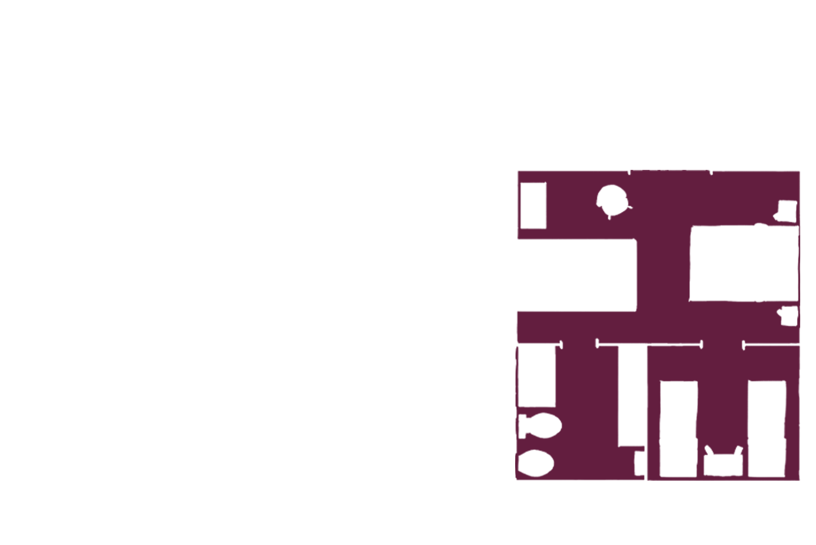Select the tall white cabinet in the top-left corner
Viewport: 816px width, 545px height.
tap(533, 206)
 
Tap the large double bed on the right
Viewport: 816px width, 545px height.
tap(743, 264)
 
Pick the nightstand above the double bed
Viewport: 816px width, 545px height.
tap(787, 210)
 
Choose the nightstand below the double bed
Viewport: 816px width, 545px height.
tap(789, 316)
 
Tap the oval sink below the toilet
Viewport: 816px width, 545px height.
tap(536, 463)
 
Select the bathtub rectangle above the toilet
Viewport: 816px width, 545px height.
tap(536, 376)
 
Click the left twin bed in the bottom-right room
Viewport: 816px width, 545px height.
tap(678, 428)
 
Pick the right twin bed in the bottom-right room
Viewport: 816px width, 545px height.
tap(767, 428)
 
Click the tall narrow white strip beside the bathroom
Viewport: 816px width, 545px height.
tap(632, 395)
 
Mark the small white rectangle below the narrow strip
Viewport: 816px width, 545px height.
tap(640, 463)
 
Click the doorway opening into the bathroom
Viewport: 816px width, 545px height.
tap(579, 344)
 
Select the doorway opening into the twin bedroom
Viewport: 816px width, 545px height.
tap(722, 344)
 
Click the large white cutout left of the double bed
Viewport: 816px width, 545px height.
tap(577, 275)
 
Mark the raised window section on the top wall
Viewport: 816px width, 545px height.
tap(670, 172)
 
